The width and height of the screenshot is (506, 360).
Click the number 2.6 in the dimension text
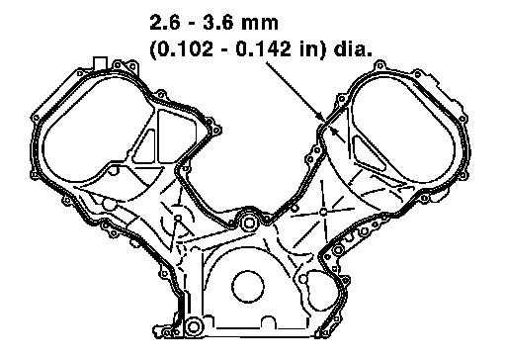tap(164, 23)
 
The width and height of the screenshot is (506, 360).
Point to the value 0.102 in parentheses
tap(185, 49)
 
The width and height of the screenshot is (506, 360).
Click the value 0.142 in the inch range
tap(264, 49)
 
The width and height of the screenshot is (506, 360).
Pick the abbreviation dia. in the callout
tap(353, 49)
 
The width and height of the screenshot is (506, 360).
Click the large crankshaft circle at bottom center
tap(248, 286)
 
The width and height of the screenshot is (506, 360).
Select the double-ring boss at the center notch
tap(248, 224)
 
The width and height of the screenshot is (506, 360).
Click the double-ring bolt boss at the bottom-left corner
tap(193, 326)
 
